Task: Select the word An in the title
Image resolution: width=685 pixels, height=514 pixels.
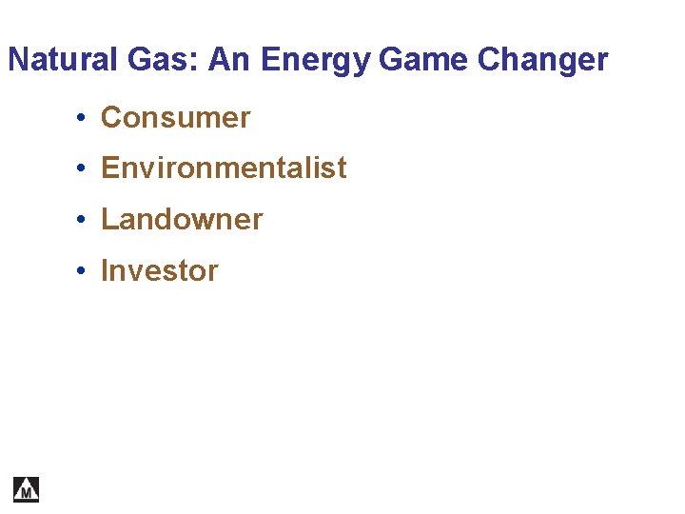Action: (229, 60)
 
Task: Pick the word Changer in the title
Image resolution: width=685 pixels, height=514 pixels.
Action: (543, 61)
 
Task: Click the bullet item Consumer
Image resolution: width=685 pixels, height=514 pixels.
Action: (175, 118)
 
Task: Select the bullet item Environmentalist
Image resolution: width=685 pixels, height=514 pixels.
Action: (224, 168)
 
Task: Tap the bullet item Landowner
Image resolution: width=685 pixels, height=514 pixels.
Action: (182, 220)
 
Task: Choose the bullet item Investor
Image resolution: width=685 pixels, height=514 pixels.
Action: (159, 271)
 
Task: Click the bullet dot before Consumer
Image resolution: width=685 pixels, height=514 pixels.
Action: (84, 119)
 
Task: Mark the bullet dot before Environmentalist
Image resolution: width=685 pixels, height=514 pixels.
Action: (84, 169)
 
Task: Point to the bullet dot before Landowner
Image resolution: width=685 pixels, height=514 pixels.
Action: (84, 221)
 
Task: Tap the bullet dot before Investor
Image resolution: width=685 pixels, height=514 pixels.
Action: (84, 272)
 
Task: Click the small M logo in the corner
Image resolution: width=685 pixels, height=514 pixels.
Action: (27, 489)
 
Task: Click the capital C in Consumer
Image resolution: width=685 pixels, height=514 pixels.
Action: (110, 118)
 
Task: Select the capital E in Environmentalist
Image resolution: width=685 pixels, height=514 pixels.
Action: (109, 168)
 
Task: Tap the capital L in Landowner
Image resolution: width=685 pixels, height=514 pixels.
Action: (108, 220)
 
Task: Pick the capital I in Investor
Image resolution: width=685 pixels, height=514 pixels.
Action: (106, 271)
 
